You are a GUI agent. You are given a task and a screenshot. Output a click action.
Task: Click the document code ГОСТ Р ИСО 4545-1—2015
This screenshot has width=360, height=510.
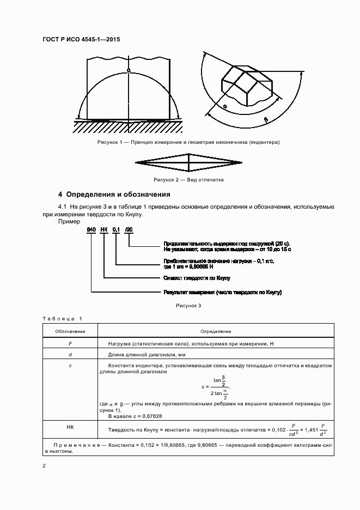tap(81, 40)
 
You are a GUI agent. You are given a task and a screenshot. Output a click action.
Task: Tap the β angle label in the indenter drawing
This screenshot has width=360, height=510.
tap(266, 118)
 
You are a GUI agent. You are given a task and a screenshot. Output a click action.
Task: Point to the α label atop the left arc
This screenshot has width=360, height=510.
tap(129, 70)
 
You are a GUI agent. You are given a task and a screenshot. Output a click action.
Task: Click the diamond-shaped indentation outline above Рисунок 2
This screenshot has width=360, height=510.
tap(188, 162)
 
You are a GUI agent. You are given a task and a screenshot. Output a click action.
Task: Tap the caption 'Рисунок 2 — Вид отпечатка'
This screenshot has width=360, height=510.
tap(188, 179)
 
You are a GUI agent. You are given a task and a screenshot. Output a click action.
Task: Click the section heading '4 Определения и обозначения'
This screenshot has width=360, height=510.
tap(114, 195)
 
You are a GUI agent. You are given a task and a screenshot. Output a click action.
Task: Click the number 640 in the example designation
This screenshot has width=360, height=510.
tap(91, 231)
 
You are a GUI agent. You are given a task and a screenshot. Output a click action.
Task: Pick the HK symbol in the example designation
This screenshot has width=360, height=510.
tap(103, 231)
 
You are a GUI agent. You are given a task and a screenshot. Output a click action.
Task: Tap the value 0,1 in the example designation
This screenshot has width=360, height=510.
tap(116, 231)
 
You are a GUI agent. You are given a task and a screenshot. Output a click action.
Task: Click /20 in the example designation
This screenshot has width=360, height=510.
tap(129, 231)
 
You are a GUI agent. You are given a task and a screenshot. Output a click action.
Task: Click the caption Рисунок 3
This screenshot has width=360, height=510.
tap(188, 306)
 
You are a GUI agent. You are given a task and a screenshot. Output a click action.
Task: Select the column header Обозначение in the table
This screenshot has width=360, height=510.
tap(70, 331)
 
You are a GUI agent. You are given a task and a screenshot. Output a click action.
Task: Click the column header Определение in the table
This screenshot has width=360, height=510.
tap(216, 331)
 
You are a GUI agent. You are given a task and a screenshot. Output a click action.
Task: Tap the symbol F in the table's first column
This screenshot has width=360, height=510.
tap(70, 343)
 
